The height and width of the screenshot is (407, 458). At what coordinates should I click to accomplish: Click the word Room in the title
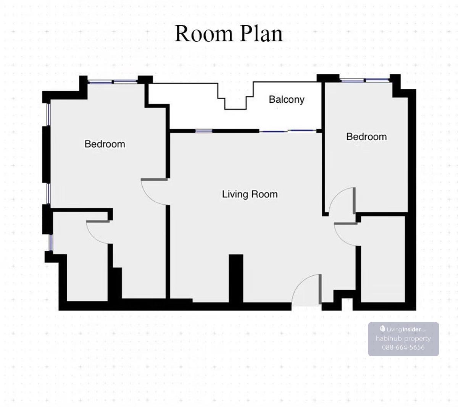click(x=204, y=34)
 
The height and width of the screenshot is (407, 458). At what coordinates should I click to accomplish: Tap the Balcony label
click(x=287, y=100)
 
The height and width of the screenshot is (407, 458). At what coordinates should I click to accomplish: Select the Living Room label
click(x=250, y=194)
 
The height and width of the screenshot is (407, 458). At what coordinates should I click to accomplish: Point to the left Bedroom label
click(x=105, y=144)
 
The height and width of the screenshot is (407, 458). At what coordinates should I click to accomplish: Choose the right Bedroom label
click(x=366, y=137)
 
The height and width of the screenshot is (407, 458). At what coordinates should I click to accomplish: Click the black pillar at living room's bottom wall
click(x=236, y=278)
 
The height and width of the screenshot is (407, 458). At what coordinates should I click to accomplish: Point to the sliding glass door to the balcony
click(x=288, y=131)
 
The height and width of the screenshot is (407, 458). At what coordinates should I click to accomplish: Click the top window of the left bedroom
click(x=113, y=82)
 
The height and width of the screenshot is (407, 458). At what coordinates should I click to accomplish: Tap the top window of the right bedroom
click(x=365, y=79)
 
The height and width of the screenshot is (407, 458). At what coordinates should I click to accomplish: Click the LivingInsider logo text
click(x=403, y=329)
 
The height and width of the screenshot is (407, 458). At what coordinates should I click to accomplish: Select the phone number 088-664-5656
click(x=403, y=347)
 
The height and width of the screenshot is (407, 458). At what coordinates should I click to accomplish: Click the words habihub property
click(x=403, y=339)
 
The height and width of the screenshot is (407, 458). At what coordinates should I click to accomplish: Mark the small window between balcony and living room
click(x=204, y=131)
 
